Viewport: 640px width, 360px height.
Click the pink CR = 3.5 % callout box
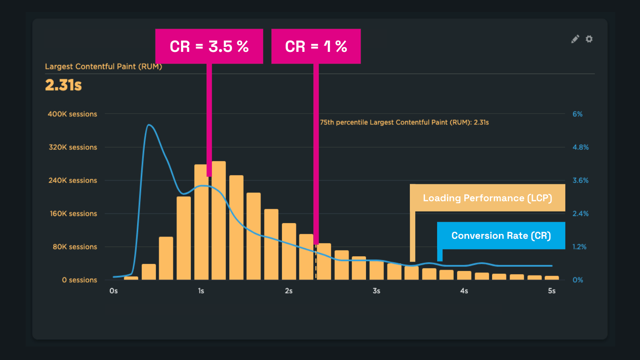[209, 47]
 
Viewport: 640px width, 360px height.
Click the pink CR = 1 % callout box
[316, 47]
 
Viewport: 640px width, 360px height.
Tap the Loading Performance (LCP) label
[488, 198]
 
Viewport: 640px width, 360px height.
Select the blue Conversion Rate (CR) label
[501, 236]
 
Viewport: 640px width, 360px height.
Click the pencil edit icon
[575, 39]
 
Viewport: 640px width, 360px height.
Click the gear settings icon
[589, 39]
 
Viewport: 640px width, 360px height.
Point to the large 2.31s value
[63, 85]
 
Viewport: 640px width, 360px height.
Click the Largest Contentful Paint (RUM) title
[103, 67]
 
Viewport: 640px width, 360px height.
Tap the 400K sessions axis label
[72, 114]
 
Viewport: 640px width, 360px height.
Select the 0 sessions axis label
[80, 280]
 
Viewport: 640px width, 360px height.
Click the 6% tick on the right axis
[577, 114]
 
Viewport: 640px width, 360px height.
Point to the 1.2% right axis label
[580, 247]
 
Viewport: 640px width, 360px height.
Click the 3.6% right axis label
[580, 181]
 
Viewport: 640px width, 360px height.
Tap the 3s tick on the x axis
[376, 291]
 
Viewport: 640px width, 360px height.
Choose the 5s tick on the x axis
[552, 291]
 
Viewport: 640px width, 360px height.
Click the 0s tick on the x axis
[114, 291]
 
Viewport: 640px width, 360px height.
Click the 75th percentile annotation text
[404, 122]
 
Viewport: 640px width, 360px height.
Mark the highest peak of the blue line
[149, 125]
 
